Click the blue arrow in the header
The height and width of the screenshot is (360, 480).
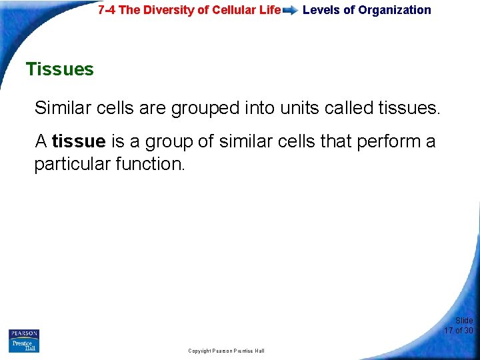click(x=290, y=11)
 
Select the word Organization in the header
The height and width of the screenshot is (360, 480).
click(x=395, y=10)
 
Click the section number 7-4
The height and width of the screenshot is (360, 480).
click(x=108, y=10)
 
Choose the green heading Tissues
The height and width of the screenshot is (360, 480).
click(x=59, y=69)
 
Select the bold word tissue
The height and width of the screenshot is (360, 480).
click(x=79, y=141)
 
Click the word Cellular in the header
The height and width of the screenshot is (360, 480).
click(x=231, y=10)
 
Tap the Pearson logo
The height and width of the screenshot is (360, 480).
click(x=23, y=334)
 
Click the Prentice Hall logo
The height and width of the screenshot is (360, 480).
click(x=23, y=345)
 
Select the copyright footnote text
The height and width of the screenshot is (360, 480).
click(x=226, y=351)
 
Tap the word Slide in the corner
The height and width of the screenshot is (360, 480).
click(x=464, y=321)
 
